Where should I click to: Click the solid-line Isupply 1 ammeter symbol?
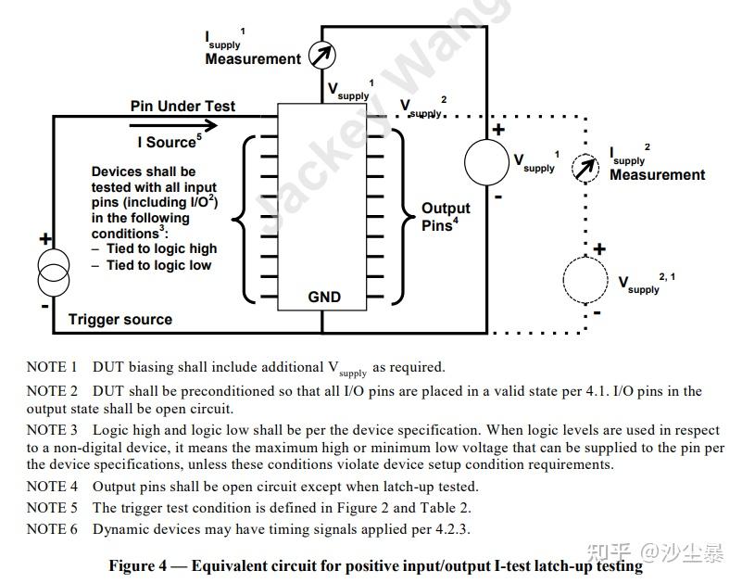click(321, 56)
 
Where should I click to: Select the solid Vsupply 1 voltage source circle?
click(487, 163)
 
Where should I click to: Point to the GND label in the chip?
click(324, 298)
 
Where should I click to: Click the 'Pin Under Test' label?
click(182, 106)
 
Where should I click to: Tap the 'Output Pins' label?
click(446, 217)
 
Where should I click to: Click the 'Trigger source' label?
click(120, 320)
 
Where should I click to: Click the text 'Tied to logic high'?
click(161, 248)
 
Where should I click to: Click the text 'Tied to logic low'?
click(158, 265)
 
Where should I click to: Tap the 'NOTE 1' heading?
click(52, 367)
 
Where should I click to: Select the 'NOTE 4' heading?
click(52, 487)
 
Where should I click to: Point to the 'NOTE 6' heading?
click(52, 529)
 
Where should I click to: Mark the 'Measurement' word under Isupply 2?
click(657, 175)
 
